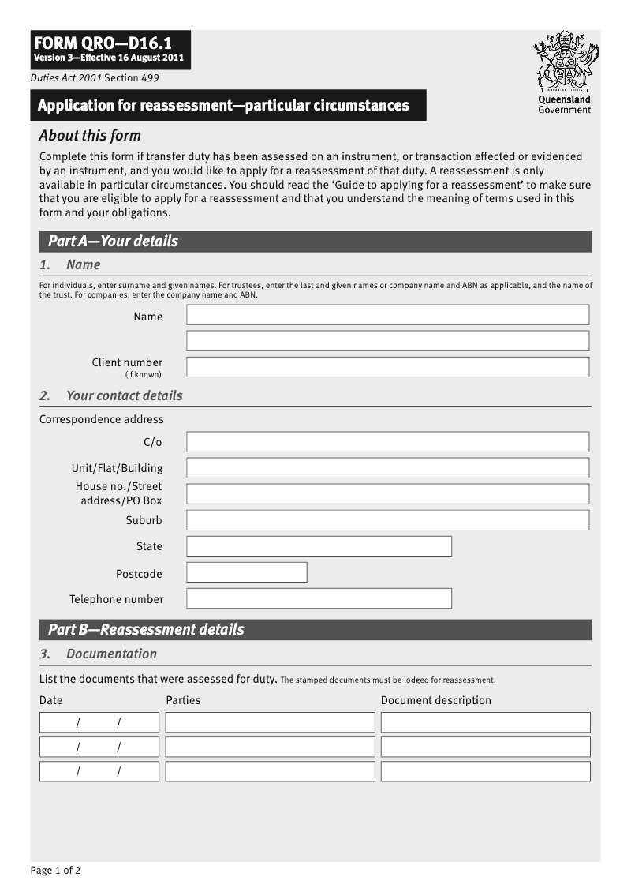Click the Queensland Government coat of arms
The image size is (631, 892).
(565, 62)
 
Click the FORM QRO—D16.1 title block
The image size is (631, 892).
(110, 50)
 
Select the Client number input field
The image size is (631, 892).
(387, 367)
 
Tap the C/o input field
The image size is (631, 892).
(387, 442)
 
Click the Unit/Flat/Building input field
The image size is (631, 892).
(387, 468)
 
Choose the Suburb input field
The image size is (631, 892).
(387, 520)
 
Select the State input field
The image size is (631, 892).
(319, 546)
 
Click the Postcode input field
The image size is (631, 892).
(246, 572)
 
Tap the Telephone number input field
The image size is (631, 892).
(319, 598)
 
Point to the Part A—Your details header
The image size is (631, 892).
(315, 242)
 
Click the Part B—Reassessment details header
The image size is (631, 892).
(315, 630)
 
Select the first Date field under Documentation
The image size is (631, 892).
(99, 722)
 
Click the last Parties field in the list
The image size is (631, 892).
(270, 771)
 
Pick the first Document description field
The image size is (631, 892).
(485, 722)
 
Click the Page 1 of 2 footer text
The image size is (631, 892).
(55, 871)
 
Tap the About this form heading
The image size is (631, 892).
(90, 135)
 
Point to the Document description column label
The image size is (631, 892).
(435, 700)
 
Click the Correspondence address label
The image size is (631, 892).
(102, 419)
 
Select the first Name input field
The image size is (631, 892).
(387, 315)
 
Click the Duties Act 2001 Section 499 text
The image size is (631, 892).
(84, 78)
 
